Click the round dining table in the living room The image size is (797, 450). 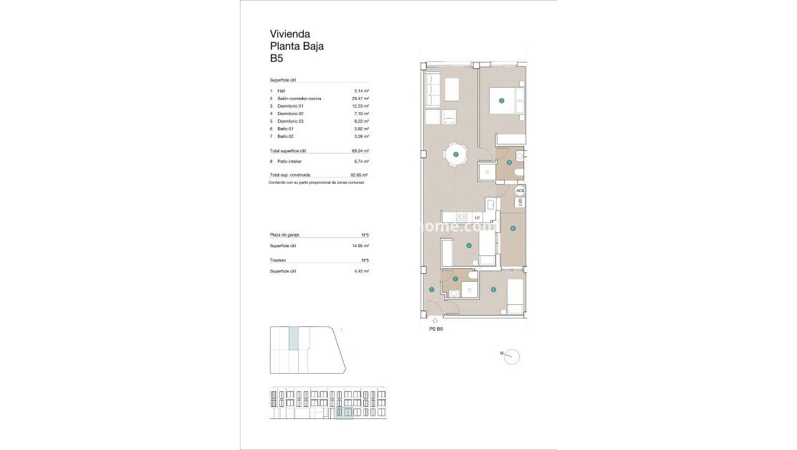[455, 154]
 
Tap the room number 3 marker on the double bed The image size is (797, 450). [502, 101]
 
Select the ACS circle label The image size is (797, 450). [521, 190]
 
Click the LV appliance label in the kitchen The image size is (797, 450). [477, 217]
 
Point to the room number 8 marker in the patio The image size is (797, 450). [513, 229]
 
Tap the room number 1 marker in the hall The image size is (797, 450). [432, 290]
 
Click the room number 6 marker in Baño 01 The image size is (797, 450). [509, 162]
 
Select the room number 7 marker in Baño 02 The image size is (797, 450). [455, 278]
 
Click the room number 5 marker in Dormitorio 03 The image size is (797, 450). [493, 290]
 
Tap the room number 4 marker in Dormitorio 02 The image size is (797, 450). [469, 246]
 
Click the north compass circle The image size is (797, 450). [512, 356]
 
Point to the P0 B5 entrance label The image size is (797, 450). [436, 329]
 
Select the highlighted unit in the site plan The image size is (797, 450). [293, 338]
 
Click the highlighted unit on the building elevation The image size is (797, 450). [344, 413]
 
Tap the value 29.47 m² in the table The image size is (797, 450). [360, 98]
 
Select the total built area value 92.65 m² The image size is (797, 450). [359, 175]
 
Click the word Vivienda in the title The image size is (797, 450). [289, 33]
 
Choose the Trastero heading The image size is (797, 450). [278, 260]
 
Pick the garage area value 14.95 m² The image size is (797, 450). [360, 246]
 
